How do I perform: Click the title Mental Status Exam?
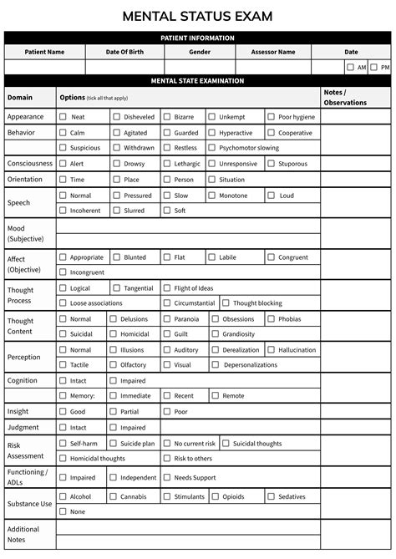pos(197,16)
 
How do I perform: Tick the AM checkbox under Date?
pos(350,67)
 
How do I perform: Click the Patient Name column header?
pos(44,52)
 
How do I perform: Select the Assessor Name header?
pos(272,52)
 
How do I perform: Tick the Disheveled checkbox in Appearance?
pos(116,117)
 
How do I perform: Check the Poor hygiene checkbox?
pos(272,117)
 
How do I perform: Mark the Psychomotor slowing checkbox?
pos(212,148)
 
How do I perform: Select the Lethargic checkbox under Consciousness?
pos(167,164)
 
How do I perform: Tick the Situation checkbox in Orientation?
pos(212,180)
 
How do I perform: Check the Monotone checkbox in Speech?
pos(212,196)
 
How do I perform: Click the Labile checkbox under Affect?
pos(212,257)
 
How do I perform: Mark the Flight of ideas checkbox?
pos(167,288)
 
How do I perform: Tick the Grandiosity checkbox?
pos(216,334)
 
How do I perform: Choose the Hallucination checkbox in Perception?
pos(272,350)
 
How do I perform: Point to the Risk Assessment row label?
pos(25,450)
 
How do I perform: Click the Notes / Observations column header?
pos(344,97)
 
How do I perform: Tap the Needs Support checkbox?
pos(167,478)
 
